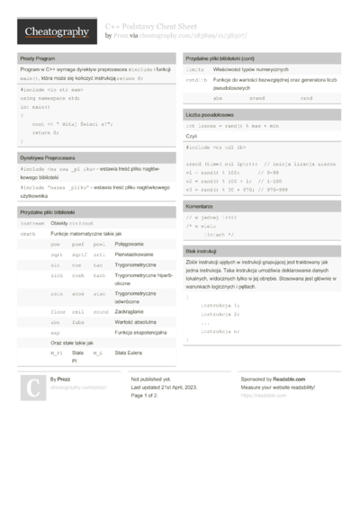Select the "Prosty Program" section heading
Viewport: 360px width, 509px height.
pos(37,58)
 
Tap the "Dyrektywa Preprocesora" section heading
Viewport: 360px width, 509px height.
pos(46,157)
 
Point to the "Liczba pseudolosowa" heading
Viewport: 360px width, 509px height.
pos(209,116)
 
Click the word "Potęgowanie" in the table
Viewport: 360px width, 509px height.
pos(130,244)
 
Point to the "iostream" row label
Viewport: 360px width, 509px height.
pos(31,221)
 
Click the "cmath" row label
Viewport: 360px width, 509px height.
pos(28,233)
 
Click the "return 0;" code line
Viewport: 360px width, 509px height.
pos(46,131)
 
